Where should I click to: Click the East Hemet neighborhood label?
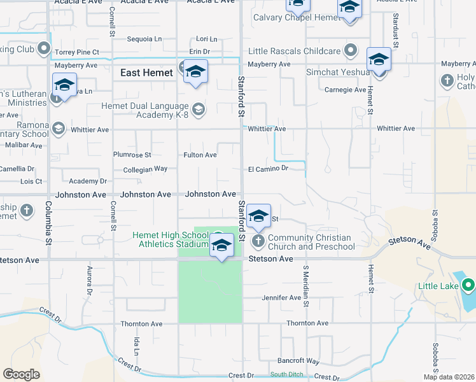pos(146,73)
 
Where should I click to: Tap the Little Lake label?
pos(438,286)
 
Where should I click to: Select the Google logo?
pos(21,374)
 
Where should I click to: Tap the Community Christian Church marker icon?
pos(258,241)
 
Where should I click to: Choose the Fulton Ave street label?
pos(200,155)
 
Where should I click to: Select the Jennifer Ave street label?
pos(281,297)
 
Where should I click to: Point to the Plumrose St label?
pos(132,155)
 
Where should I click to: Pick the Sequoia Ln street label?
pos(147,39)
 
